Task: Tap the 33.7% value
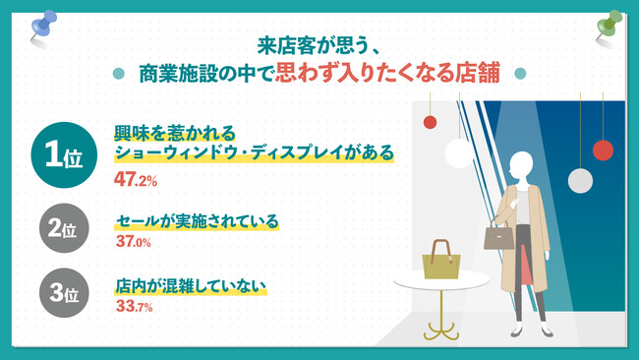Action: (x=134, y=307)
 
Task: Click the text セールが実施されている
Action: (x=196, y=221)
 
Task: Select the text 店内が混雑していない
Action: (x=191, y=286)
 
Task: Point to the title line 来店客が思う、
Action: (x=319, y=44)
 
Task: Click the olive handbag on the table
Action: (x=441, y=261)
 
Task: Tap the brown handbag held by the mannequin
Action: (x=498, y=236)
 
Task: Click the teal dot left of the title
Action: (x=119, y=75)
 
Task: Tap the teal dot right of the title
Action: (x=520, y=75)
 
